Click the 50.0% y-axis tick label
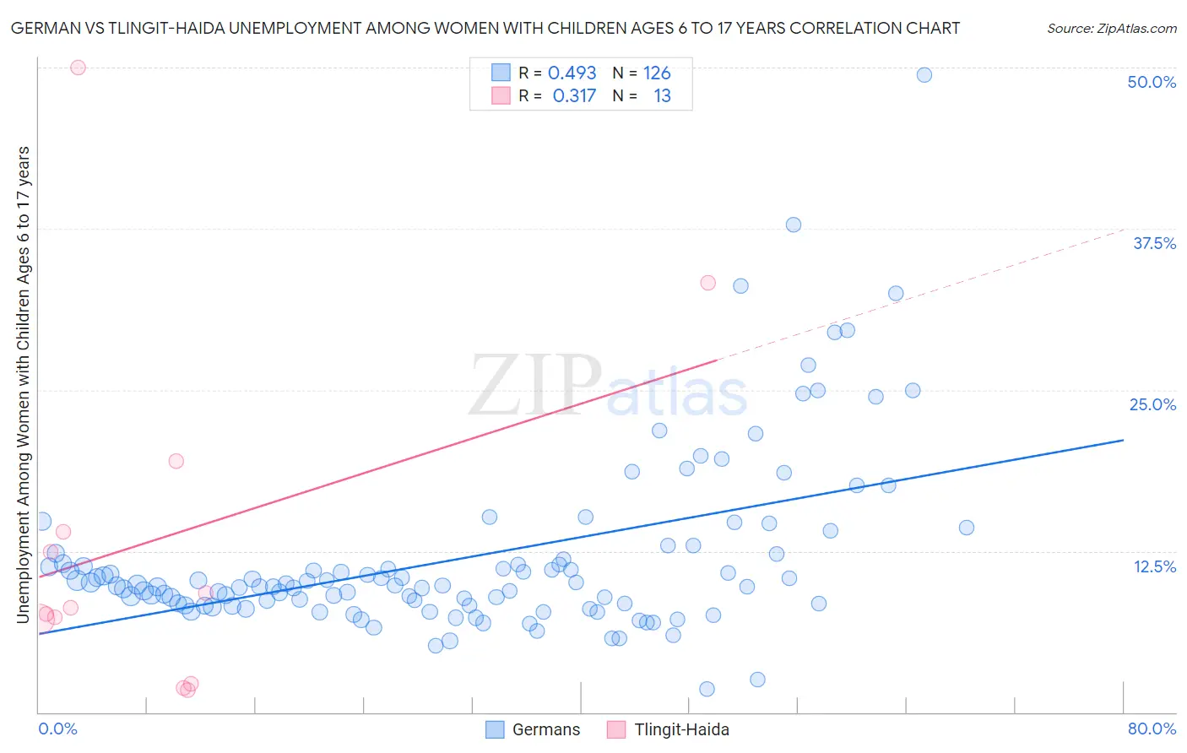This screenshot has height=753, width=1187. click(1152, 82)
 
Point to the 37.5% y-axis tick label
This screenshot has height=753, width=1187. click(1154, 243)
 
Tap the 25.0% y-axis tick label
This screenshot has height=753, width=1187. click(1152, 404)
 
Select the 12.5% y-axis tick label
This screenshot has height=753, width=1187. click(1154, 566)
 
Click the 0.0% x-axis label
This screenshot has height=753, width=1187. click(57, 729)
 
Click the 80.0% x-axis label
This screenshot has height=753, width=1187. click(1152, 729)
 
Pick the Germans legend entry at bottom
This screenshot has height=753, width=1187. click(534, 729)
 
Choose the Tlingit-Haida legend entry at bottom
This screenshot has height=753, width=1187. click(668, 729)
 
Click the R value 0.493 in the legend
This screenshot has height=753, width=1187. click(572, 73)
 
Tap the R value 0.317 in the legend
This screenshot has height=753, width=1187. click(574, 96)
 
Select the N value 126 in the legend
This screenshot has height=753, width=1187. click(657, 73)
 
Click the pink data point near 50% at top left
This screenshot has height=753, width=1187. click(78, 68)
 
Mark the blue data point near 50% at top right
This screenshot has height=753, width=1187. click(924, 75)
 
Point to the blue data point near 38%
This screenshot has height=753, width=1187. click(794, 225)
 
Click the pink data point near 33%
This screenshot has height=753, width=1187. click(708, 283)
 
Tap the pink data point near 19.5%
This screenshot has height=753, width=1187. click(176, 461)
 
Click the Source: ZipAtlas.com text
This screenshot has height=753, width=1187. click(1111, 29)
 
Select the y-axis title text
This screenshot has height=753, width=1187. click(23, 385)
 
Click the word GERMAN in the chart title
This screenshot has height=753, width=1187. click(43, 29)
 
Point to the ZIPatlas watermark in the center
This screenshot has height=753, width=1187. click(608, 387)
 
